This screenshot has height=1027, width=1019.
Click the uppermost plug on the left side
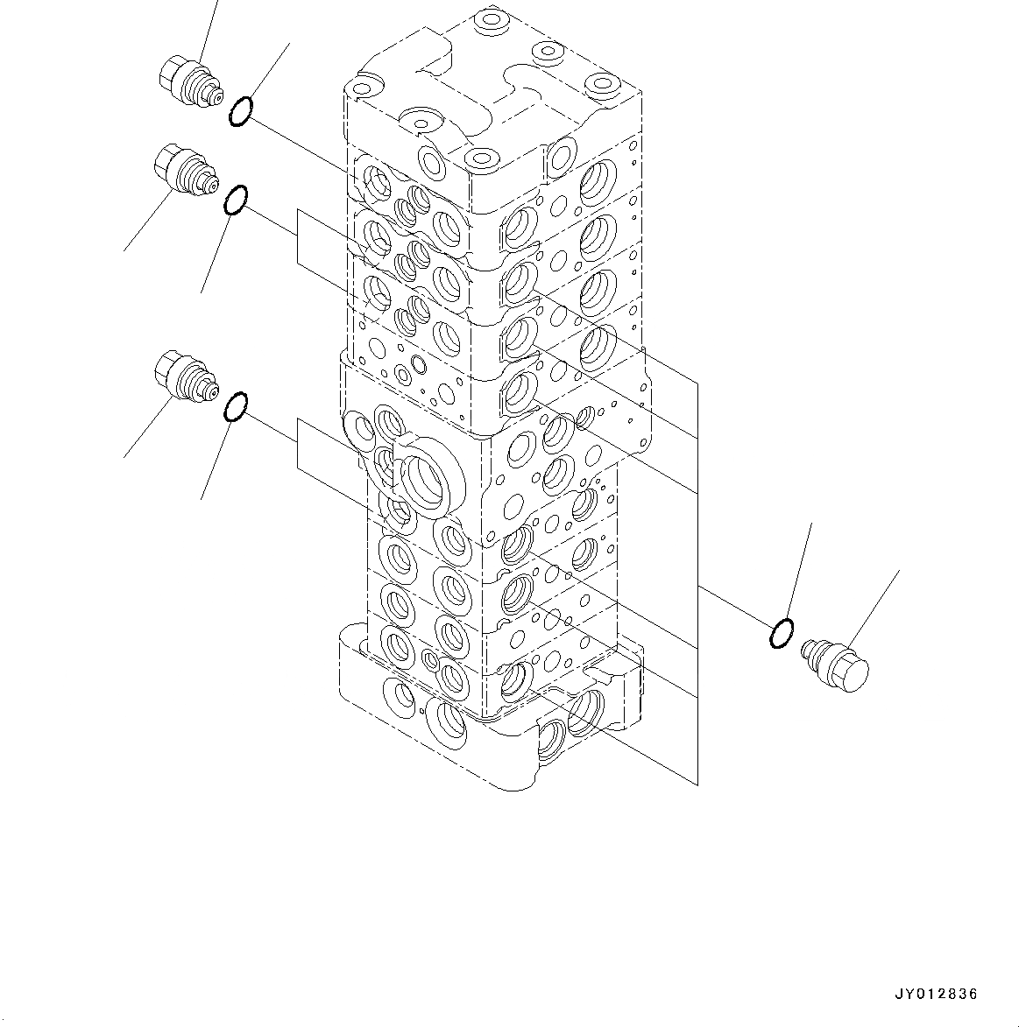(x=188, y=82)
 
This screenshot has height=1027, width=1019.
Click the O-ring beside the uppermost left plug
(x=241, y=112)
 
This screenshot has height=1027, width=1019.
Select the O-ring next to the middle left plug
(x=235, y=200)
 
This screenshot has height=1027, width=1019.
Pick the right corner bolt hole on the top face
(x=603, y=84)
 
